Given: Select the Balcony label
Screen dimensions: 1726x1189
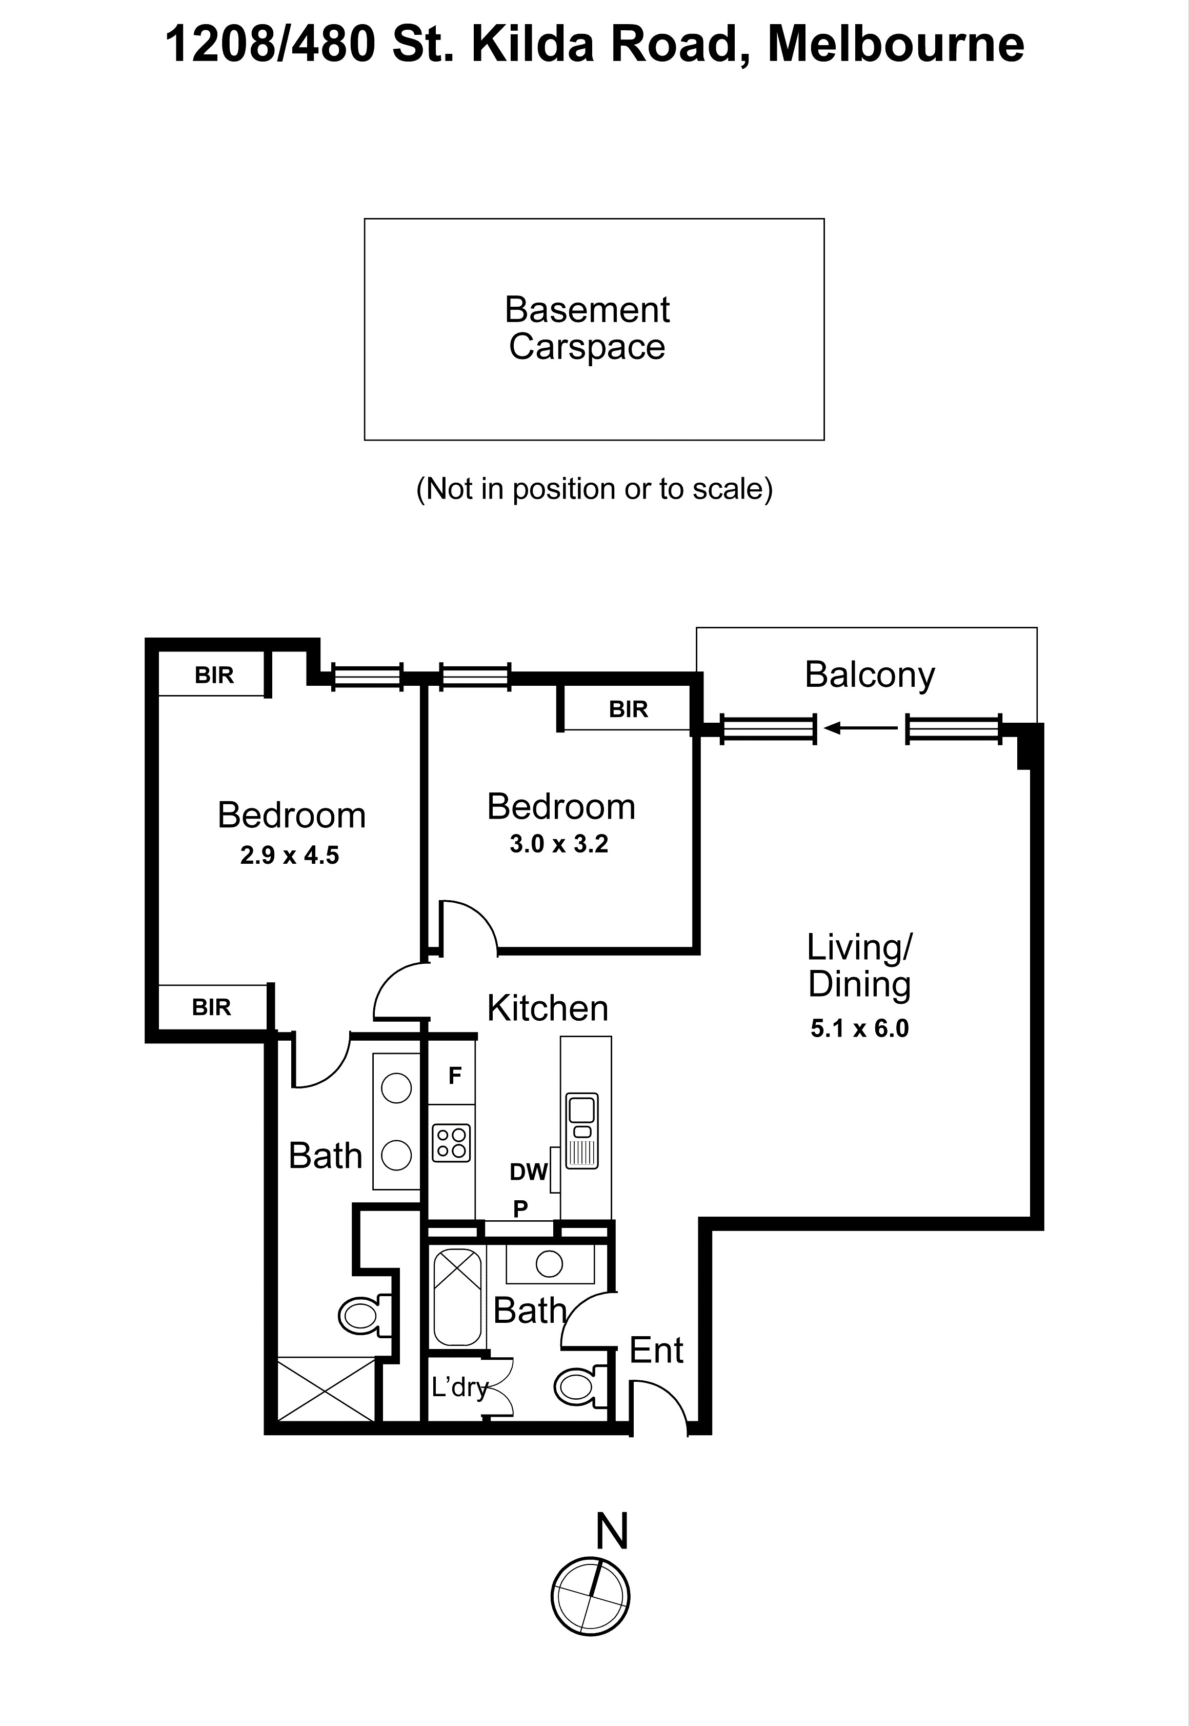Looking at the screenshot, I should point(870,674).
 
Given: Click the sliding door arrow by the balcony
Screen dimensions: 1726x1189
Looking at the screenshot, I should point(860,728).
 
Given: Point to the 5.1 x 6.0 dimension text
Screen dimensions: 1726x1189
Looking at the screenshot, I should point(860,1028).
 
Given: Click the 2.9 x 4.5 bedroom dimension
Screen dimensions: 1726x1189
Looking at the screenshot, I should point(289,855).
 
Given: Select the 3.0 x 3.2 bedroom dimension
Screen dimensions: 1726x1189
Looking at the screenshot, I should point(559,844).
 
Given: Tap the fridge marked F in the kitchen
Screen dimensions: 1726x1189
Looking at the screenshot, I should point(454,1076).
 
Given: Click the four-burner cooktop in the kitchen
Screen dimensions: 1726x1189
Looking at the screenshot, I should point(452,1143).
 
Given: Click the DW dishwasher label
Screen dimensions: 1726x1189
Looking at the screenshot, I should point(528,1172).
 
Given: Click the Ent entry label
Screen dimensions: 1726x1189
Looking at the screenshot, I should point(656,1351).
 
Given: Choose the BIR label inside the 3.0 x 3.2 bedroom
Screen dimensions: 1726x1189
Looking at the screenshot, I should point(628,709).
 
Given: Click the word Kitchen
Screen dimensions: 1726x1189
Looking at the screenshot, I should point(548,1008).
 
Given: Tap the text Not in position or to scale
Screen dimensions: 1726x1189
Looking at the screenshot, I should point(594,489).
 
